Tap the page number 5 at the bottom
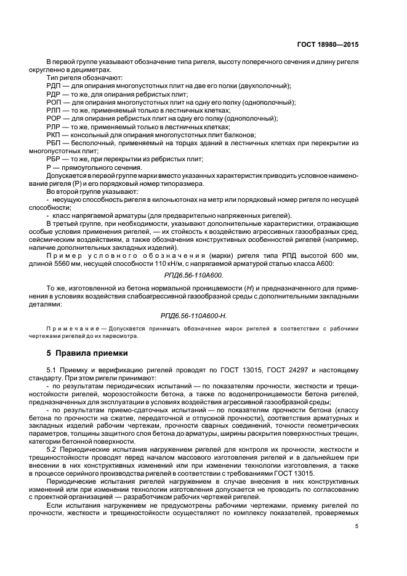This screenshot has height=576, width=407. point(357,526)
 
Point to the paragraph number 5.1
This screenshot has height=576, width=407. point(51,370)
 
